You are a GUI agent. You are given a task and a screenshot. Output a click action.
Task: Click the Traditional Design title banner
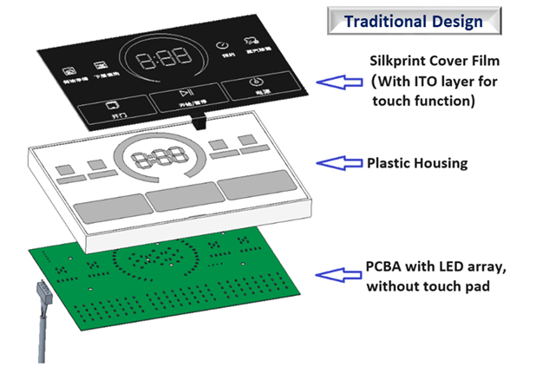413,21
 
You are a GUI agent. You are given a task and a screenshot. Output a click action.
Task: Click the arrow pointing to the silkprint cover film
337,82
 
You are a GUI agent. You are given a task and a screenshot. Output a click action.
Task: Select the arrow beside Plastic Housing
337,162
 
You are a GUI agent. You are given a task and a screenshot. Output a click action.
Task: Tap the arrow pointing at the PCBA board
337,274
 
